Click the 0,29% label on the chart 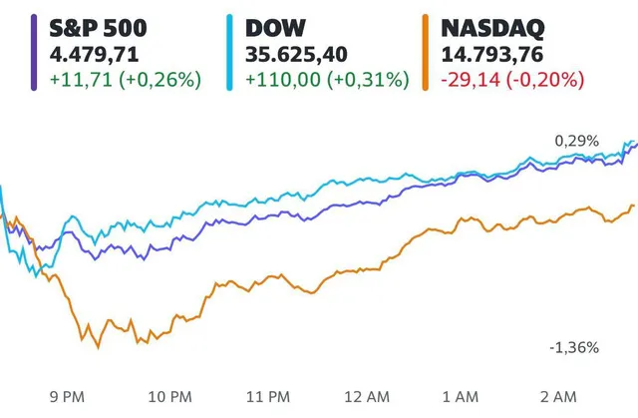click(577, 142)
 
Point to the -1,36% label click(574, 348)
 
